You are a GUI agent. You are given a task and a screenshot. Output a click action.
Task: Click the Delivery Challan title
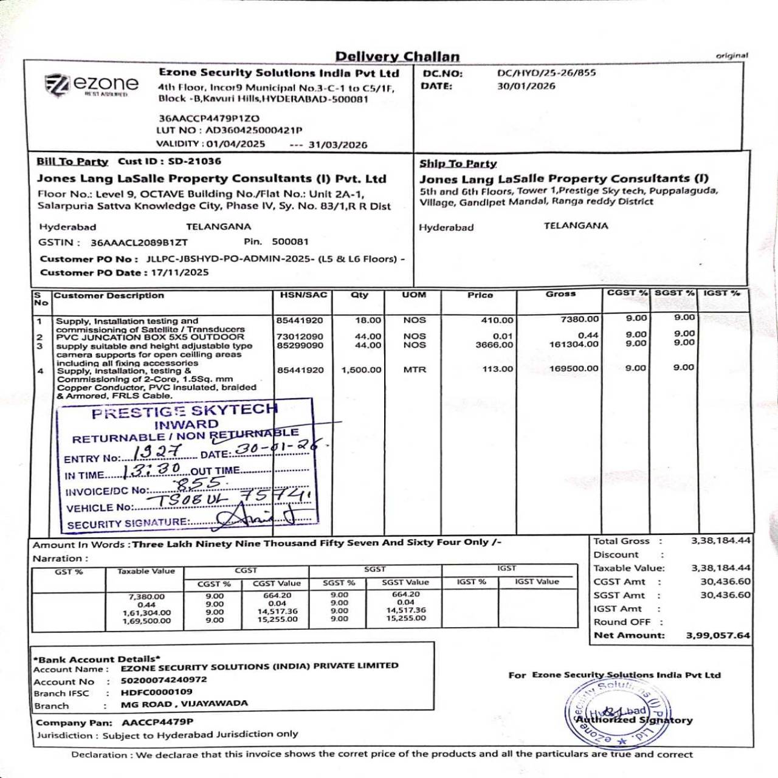(x=398, y=57)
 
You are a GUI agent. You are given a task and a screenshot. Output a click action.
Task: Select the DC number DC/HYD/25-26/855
(x=546, y=73)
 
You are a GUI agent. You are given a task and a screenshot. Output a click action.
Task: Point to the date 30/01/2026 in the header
(x=526, y=86)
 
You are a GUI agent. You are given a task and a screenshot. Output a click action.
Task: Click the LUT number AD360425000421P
(x=253, y=130)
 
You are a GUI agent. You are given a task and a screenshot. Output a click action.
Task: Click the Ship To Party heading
(x=458, y=164)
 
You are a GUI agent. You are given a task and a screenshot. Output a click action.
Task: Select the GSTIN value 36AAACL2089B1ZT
(x=139, y=243)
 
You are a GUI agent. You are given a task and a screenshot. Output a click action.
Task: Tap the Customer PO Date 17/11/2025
(x=180, y=272)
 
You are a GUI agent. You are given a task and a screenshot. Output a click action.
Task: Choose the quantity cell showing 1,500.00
(x=361, y=370)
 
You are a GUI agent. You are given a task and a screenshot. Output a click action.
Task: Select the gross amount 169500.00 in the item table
(x=574, y=368)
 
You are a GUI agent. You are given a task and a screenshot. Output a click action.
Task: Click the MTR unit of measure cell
(x=415, y=370)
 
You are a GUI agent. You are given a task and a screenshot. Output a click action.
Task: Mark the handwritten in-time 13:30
(x=152, y=470)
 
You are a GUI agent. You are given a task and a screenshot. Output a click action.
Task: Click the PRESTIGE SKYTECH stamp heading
(x=184, y=411)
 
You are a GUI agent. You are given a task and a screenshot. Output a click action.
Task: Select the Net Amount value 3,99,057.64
(x=718, y=635)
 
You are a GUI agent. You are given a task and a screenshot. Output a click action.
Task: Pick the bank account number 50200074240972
(x=164, y=680)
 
